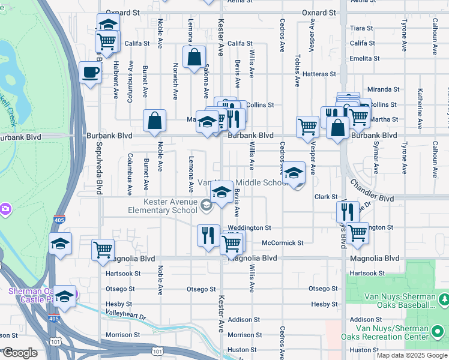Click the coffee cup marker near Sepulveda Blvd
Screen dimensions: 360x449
90,73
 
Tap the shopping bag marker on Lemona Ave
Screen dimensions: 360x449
194,58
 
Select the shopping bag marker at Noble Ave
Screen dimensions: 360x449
155,120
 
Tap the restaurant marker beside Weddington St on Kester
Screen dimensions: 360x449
208,235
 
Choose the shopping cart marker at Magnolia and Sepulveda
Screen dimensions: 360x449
103,248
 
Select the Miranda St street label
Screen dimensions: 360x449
384,89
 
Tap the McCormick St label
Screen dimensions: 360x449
283,243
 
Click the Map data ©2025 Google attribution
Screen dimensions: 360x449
411,355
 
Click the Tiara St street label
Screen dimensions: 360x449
362,28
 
